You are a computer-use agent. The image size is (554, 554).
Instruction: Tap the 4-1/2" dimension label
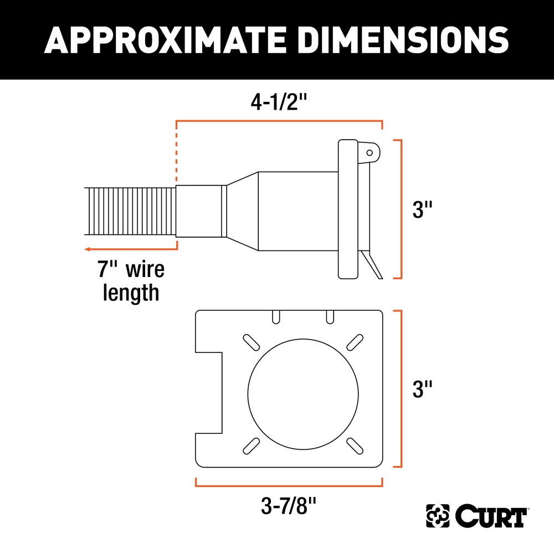click(x=279, y=102)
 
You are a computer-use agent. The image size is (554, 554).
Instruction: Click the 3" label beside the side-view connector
click(x=423, y=210)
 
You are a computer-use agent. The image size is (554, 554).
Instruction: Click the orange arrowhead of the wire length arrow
click(x=88, y=250)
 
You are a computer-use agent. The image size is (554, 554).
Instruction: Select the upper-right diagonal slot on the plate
click(x=354, y=342)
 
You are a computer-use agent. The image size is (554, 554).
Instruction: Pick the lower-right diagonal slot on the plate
click(x=354, y=445)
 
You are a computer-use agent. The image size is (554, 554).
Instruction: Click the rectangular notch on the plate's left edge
click(x=209, y=393)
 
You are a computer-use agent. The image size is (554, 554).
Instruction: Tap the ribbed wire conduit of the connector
click(x=131, y=212)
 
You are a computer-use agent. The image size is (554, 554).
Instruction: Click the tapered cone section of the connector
click(x=242, y=212)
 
